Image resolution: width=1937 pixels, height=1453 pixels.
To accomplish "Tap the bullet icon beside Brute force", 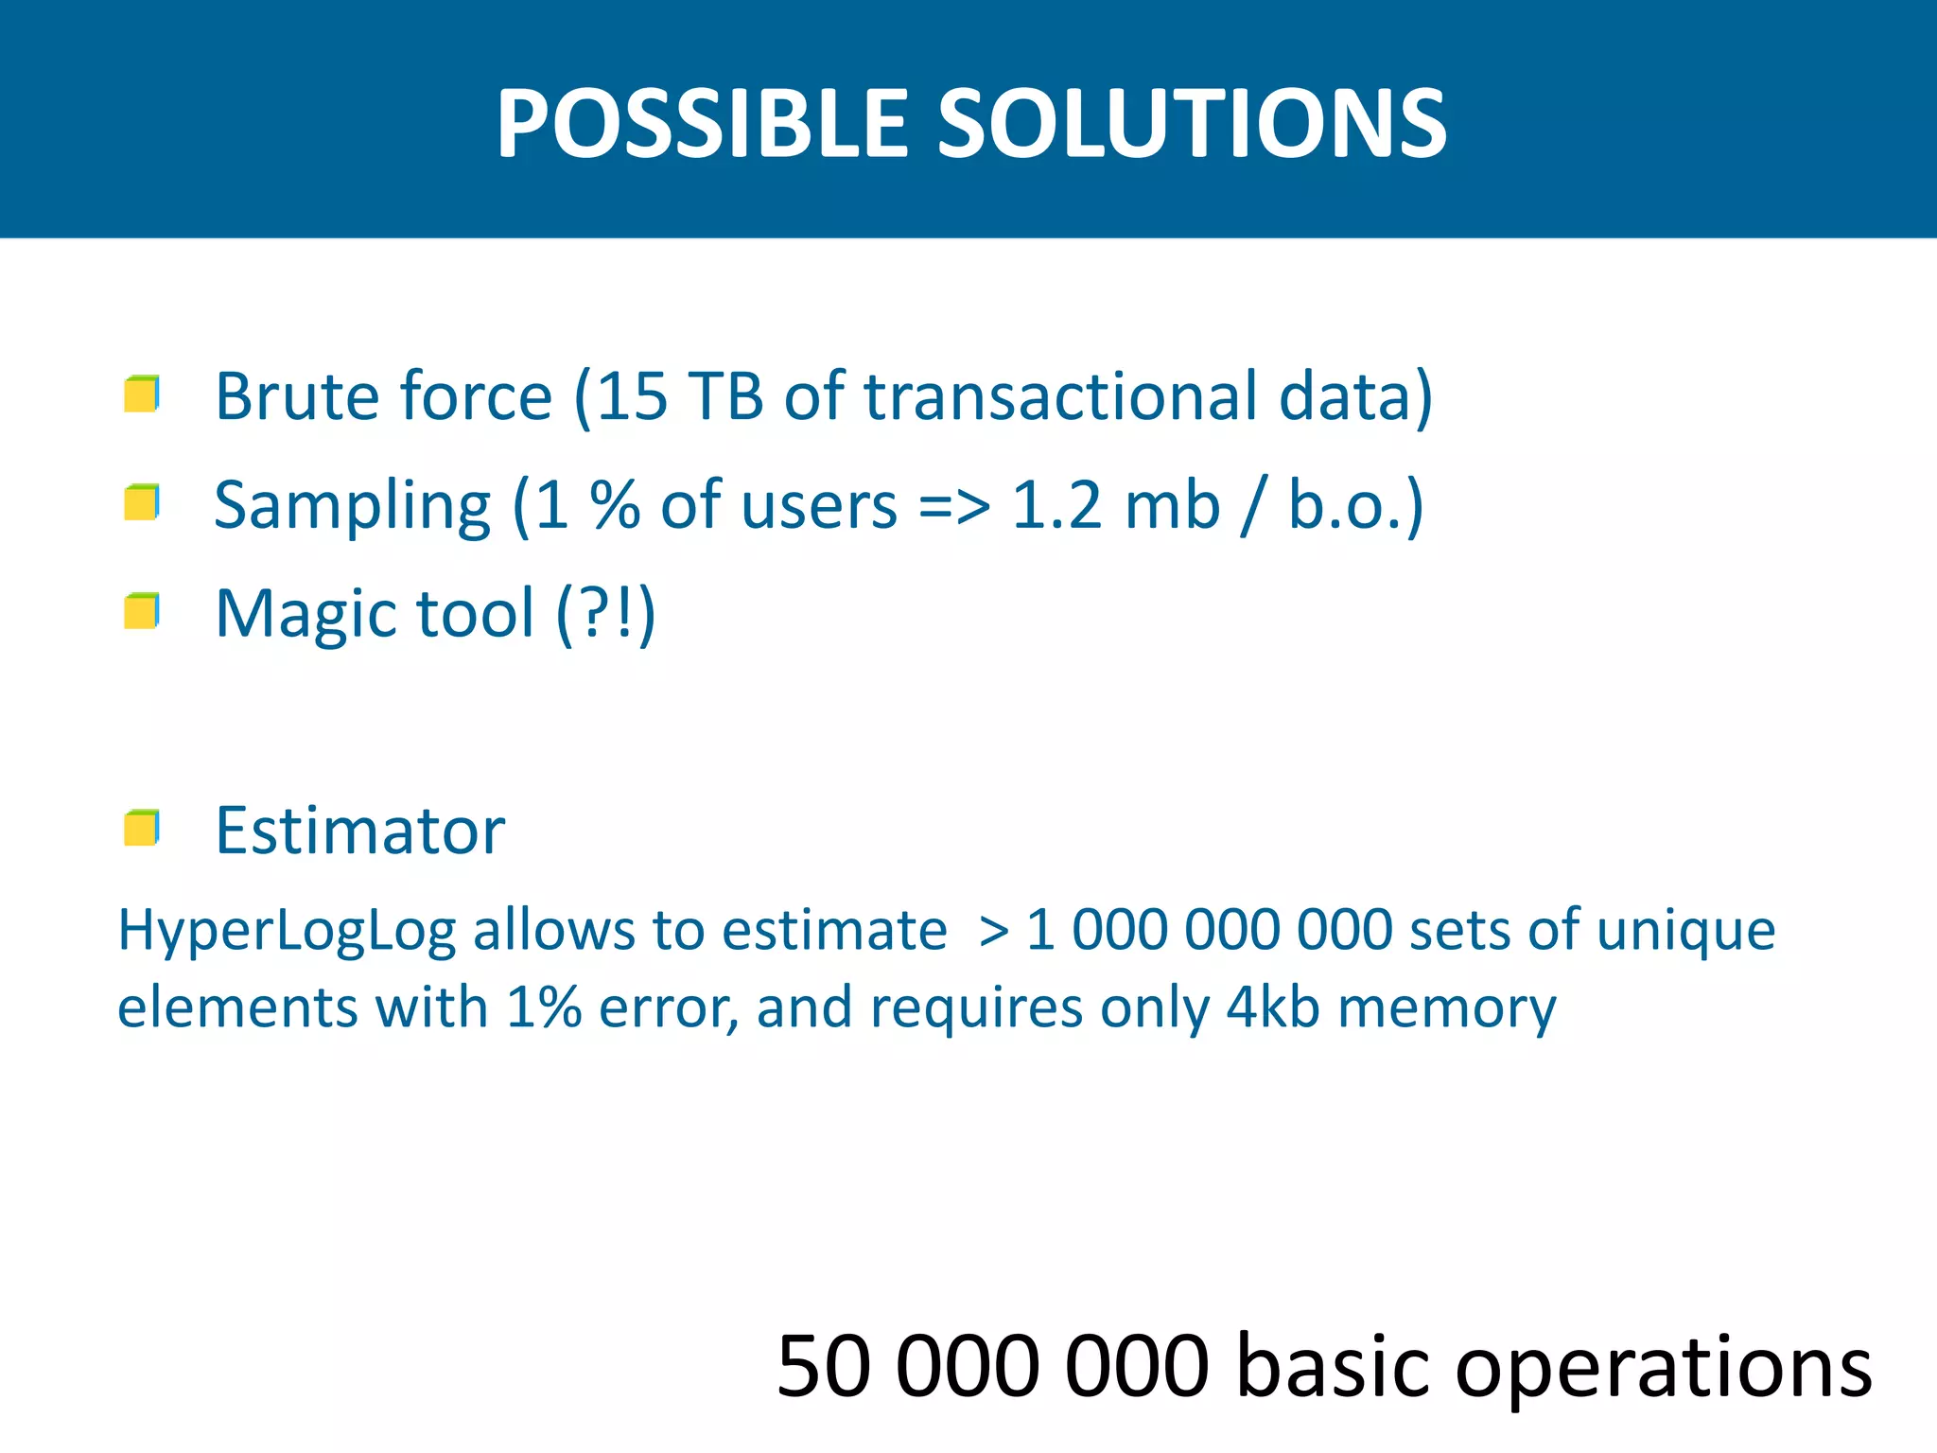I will (142, 394).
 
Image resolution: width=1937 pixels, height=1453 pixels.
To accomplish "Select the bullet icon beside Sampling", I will (142, 502).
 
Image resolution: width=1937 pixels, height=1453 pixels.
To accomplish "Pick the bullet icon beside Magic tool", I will (142, 611).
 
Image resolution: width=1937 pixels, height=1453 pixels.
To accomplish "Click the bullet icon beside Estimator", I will (142, 829).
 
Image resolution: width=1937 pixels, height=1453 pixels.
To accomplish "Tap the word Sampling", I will (352, 507).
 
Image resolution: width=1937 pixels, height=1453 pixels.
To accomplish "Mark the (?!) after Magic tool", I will (605, 615).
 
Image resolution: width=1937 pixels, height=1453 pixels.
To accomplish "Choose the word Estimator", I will (360, 831).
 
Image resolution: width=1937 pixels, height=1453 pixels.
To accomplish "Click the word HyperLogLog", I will (287, 931).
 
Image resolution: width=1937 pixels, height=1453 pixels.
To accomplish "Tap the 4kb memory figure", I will (1272, 1007).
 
